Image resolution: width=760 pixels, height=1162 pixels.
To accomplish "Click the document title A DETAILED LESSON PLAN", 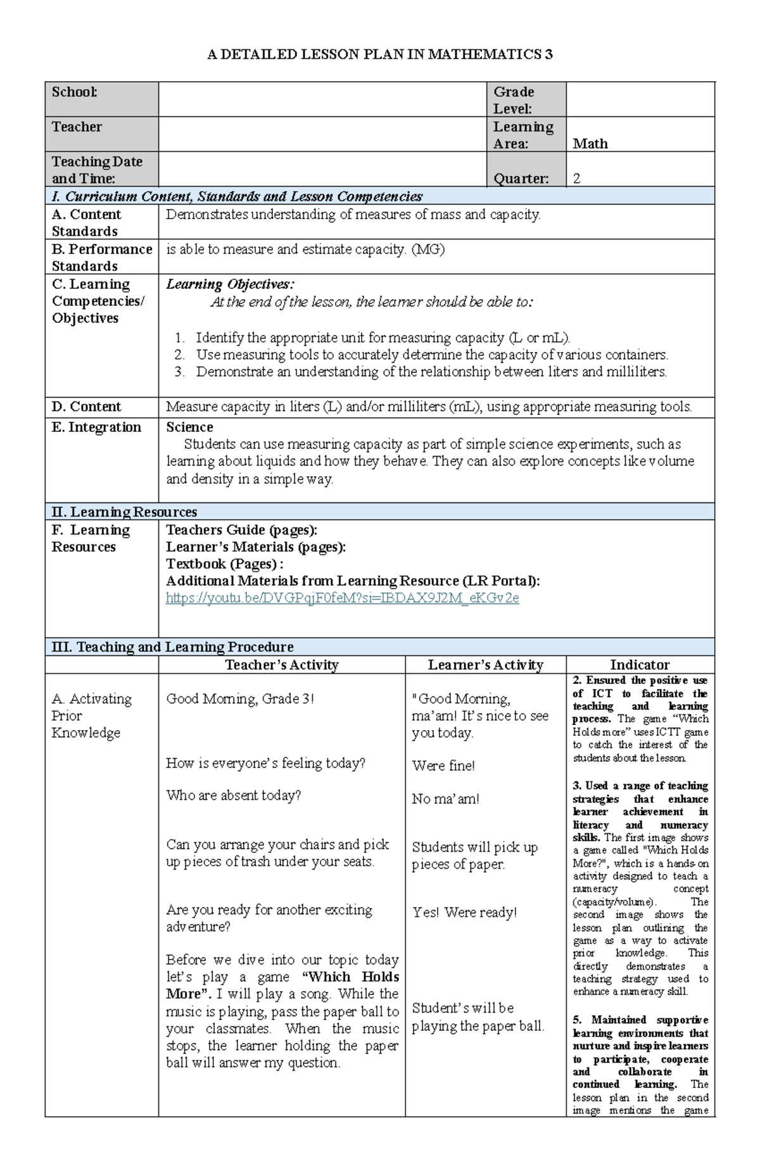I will tap(380, 54).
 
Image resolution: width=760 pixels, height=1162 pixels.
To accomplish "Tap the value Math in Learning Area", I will tap(590, 144).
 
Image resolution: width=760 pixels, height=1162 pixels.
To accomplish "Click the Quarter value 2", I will tap(576, 179).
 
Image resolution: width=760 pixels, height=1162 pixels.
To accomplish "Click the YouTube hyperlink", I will tap(342, 598).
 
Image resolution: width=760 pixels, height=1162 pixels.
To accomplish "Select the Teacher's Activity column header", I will tap(282, 665).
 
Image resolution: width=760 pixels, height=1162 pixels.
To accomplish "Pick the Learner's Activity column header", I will tap(485, 665).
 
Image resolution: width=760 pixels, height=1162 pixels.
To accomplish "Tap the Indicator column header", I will tap(640, 665).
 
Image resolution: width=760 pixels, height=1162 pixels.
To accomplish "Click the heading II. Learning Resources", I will tap(124, 512).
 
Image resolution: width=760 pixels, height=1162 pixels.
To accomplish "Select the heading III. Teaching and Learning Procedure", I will tap(172, 647).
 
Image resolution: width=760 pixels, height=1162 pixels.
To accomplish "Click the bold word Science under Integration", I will tap(189, 427).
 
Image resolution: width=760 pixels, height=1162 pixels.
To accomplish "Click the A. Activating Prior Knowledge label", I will tap(91, 716).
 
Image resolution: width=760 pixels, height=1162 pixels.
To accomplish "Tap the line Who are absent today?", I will tap(233, 795).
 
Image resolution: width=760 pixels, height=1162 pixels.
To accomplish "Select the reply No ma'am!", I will tap(445, 799).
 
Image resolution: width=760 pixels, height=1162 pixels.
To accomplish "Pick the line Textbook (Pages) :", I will tap(224, 564).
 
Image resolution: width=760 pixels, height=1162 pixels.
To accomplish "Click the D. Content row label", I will tap(86, 407).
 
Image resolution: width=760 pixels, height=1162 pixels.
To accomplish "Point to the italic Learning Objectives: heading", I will tap(229, 284).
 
